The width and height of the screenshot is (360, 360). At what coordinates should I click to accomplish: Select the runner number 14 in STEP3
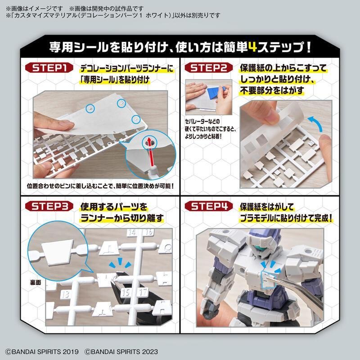132,232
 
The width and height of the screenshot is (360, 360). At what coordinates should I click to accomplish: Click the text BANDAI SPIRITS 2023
121,351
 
